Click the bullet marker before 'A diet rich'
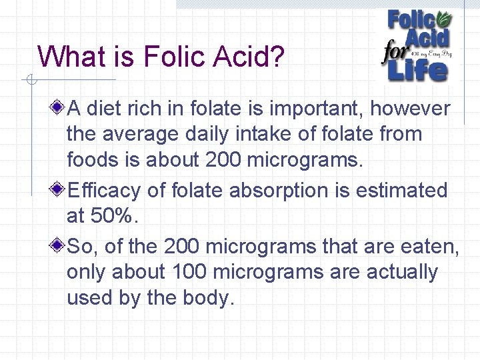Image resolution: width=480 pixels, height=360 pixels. pos(59,107)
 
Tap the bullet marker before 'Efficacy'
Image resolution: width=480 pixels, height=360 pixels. pos(59,190)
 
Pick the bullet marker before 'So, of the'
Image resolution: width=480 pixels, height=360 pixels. pos(59,246)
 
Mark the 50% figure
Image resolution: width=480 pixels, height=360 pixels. pos(110,217)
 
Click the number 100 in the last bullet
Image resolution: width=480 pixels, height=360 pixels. pos(191,272)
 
